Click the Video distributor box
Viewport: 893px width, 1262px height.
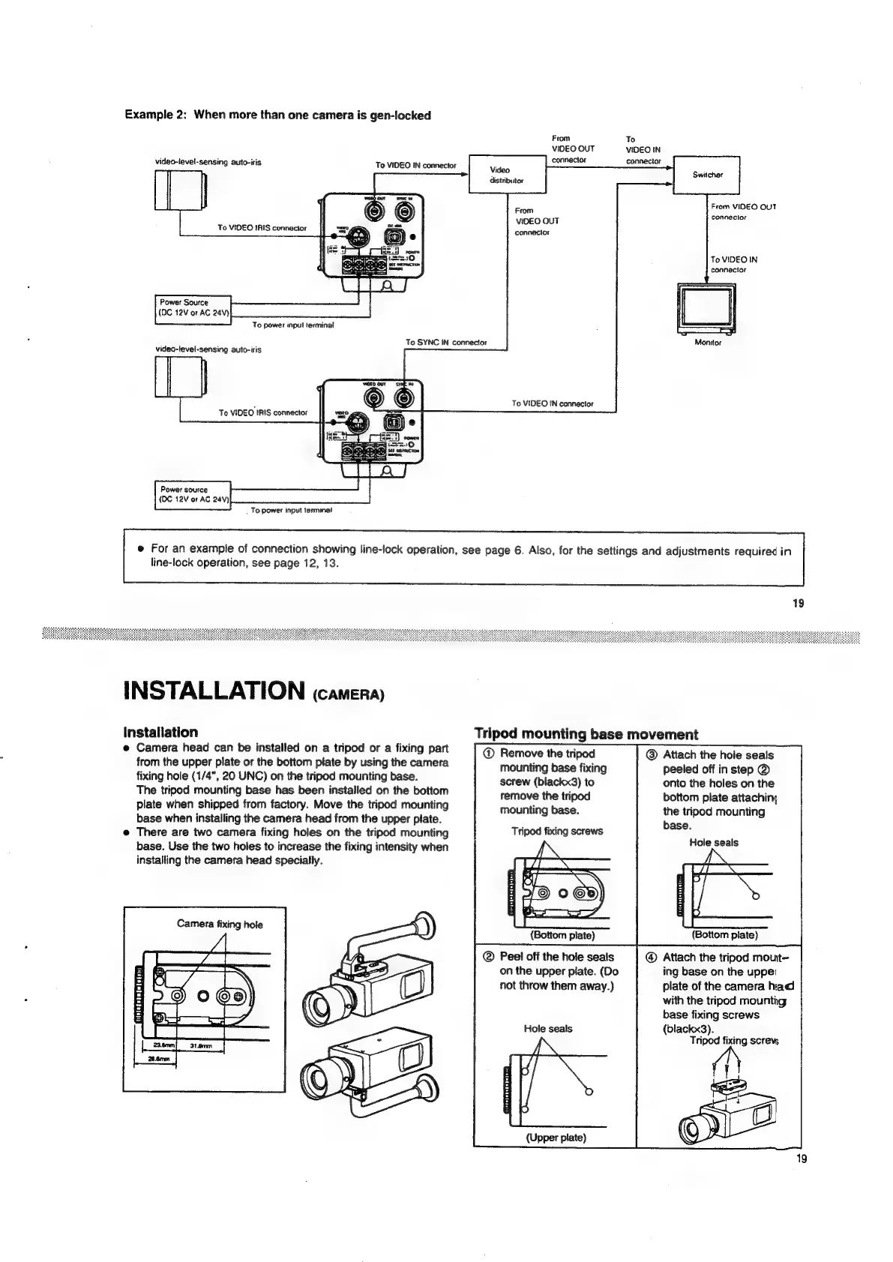507,174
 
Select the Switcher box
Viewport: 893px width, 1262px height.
706,174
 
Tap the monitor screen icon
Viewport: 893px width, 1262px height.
705,307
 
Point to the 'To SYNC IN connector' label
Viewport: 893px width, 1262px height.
446,343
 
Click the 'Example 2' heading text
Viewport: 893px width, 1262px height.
277,115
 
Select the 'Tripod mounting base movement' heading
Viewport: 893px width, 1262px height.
586,734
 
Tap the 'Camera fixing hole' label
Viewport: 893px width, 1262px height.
220,924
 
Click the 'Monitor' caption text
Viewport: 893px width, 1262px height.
707,342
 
